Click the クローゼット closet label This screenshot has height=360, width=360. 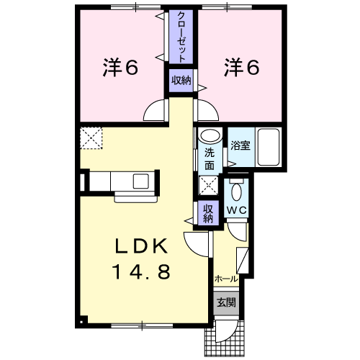click(181, 37)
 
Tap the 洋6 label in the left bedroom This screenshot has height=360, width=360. click(120, 67)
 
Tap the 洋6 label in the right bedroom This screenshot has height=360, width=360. click(242, 67)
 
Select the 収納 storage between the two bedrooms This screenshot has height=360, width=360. click(181, 81)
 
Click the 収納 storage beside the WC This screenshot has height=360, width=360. click(208, 213)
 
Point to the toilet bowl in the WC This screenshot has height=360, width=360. click(237, 191)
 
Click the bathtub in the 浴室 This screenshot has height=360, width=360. click(269, 147)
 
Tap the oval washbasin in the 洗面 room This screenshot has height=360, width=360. click(210, 136)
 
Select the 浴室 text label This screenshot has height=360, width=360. click(240, 145)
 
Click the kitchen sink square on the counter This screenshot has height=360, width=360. click(141, 181)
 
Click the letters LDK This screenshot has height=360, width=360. click(142, 246)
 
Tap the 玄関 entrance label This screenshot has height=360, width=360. click(226, 302)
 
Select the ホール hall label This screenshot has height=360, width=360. click(226, 279)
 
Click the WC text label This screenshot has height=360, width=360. click(237, 210)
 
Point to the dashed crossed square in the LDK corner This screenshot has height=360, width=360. click(91, 138)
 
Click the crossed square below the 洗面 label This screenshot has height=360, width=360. click(208, 186)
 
